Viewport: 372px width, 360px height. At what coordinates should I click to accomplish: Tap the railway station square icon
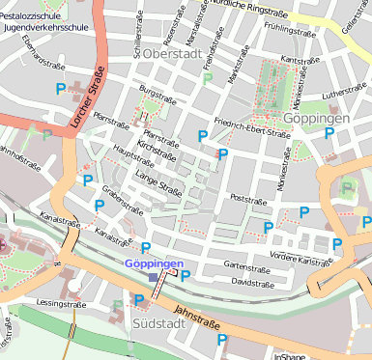tap(154, 277)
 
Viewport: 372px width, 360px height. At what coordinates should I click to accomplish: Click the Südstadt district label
tap(158, 322)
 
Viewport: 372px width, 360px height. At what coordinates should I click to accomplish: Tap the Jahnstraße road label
tap(197, 318)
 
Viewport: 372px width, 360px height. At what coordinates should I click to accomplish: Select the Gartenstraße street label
tap(245, 264)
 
